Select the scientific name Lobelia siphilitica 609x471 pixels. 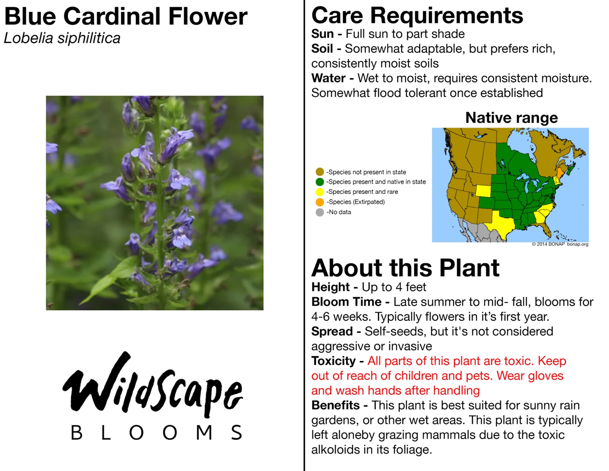(x=62, y=38)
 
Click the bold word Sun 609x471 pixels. (x=322, y=34)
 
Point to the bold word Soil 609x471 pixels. (x=322, y=48)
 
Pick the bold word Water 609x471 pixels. (x=328, y=78)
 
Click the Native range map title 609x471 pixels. (x=512, y=118)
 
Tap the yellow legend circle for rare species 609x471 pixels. (x=320, y=192)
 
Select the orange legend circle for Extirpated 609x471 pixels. (x=320, y=202)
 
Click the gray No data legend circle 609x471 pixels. (x=320, y=212)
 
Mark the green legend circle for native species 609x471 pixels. (x=320, y=182)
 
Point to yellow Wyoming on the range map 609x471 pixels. (x=483, y=191)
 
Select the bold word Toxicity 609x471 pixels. (x=333, y=361)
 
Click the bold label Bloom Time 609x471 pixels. (x=347, y=302)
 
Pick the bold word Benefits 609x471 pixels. (x=336, y=405)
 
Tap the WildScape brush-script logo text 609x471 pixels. (x=153, y=385)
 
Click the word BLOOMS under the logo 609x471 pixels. (x=157, y=432)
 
